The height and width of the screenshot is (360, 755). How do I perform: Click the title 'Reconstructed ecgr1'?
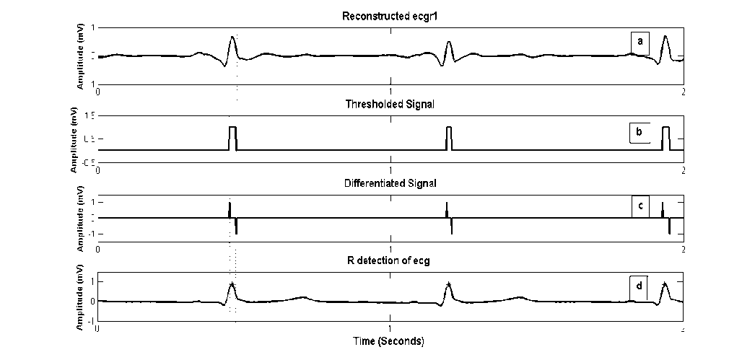(390, 17)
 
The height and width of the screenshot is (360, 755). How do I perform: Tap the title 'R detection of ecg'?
(390, 260)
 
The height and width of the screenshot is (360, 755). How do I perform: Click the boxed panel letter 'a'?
(640, 42)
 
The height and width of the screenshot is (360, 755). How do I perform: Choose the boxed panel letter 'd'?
(639, 286)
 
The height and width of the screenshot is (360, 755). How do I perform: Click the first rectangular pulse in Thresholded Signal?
(232, 137)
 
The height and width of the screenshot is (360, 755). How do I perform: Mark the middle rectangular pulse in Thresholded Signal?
(449, 137)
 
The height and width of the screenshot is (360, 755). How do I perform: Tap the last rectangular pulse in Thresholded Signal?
(666, 137)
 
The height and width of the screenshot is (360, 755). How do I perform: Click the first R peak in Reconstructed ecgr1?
(232, 38)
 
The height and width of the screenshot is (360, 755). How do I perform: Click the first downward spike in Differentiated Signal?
(236, 227)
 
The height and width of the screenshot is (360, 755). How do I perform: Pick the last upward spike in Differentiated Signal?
(663, 209)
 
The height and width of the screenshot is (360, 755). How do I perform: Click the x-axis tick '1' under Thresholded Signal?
(390, 171)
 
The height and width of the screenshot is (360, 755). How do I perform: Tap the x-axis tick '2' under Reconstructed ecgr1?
(683, 92)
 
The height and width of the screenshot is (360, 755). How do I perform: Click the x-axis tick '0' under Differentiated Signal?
(98, 249)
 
